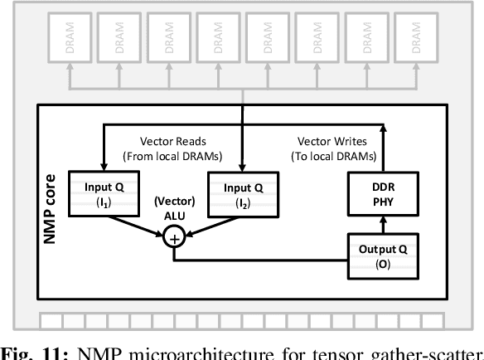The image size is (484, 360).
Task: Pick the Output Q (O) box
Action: (x=384, y=256)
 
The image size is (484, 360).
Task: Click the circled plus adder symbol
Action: (x=175, y=240)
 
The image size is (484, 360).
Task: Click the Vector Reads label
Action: (x=170, y=148)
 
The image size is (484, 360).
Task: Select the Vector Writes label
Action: (x=332, y=148)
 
